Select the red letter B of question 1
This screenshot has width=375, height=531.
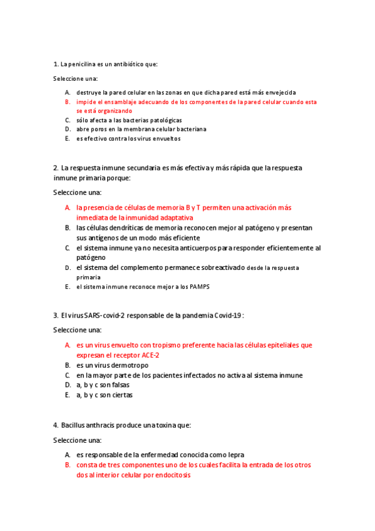[x=67, y=101]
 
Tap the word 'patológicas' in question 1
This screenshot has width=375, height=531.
[x=162, y=120]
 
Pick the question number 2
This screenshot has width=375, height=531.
[x=56, y=168]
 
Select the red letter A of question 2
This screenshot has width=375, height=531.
[x=67, y=207]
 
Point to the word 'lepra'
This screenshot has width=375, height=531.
[x=235, y=455]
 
